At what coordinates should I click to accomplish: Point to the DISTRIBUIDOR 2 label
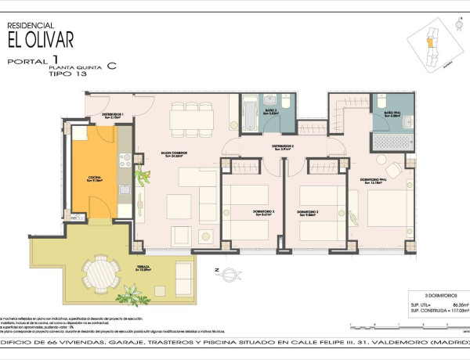[x=283, y=146]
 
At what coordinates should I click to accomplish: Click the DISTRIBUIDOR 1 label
[x=112, y=115]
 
